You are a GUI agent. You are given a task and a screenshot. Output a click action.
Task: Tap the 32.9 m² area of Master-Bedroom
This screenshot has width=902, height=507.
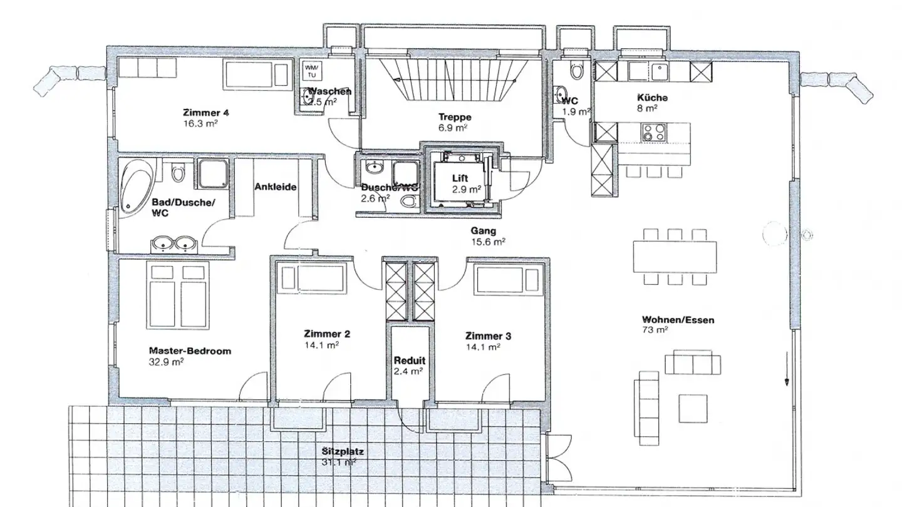point(166,362)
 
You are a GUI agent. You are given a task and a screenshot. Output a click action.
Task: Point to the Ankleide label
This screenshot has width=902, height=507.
point(275,187)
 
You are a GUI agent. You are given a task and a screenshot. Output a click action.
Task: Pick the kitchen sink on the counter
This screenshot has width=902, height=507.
point(658,72)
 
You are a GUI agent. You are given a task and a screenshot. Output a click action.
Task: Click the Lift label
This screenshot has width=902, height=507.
point(460,178)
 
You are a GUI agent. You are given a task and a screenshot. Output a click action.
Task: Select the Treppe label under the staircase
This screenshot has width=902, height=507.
point(454,117)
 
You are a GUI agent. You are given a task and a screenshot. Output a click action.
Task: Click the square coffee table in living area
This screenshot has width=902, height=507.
point(693,408)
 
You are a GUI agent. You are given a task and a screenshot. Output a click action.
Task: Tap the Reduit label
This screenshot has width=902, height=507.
point(409,361)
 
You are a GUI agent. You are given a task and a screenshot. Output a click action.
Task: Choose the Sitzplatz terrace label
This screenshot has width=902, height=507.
point(343,451)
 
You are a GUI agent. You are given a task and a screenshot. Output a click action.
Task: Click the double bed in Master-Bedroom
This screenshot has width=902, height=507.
point(179,295)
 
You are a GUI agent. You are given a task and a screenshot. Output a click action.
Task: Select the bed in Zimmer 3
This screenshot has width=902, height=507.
point(506,279)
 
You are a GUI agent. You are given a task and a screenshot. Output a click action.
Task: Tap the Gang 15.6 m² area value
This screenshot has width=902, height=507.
point(488,242)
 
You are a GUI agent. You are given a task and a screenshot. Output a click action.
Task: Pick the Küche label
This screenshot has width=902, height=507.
point(652,98)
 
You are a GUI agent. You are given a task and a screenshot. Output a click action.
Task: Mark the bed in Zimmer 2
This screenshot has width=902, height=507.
point(312,278)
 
